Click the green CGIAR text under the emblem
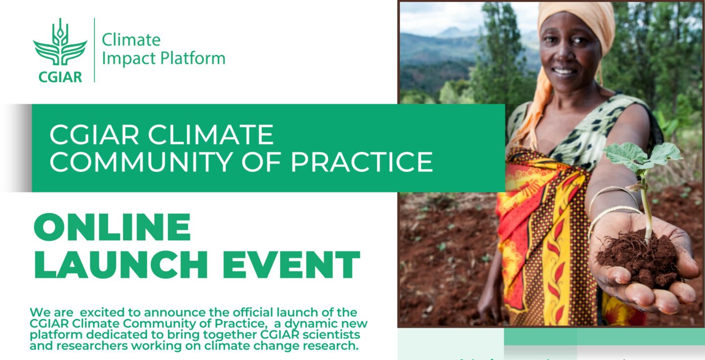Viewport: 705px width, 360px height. coord(60,76)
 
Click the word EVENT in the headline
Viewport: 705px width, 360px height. coord(291,265)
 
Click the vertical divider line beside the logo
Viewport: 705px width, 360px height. coord(94,50)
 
